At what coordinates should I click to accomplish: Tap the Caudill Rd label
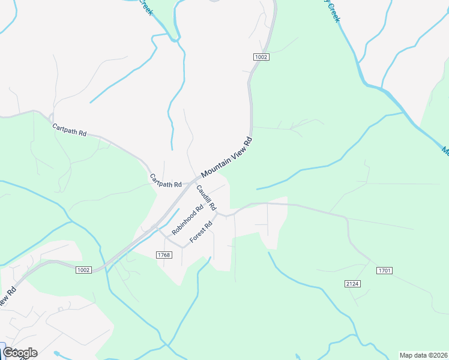206,197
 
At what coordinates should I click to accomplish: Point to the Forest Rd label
201,233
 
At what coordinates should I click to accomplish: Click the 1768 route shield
164,255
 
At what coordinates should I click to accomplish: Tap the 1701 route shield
384,271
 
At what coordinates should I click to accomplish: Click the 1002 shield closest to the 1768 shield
83,270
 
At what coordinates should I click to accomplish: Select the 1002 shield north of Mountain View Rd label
261,57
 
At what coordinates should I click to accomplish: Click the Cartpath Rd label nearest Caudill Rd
166,181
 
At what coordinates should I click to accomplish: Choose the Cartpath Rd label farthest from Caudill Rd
69,130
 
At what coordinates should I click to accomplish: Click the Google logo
19,352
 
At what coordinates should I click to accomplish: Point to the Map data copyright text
423,355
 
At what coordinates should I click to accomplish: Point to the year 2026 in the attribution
440,355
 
